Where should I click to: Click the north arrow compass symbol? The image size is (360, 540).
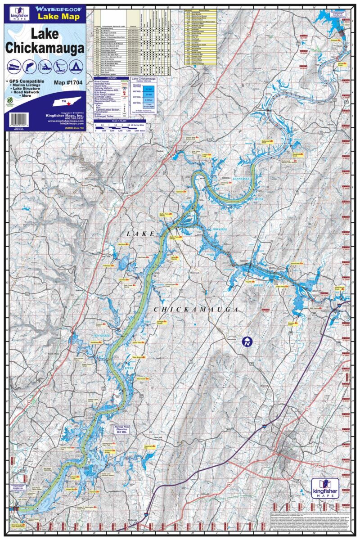pos(246,342)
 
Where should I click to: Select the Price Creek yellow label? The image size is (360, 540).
pos(295,264)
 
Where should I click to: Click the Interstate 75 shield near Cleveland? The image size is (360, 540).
pos(265,424)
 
